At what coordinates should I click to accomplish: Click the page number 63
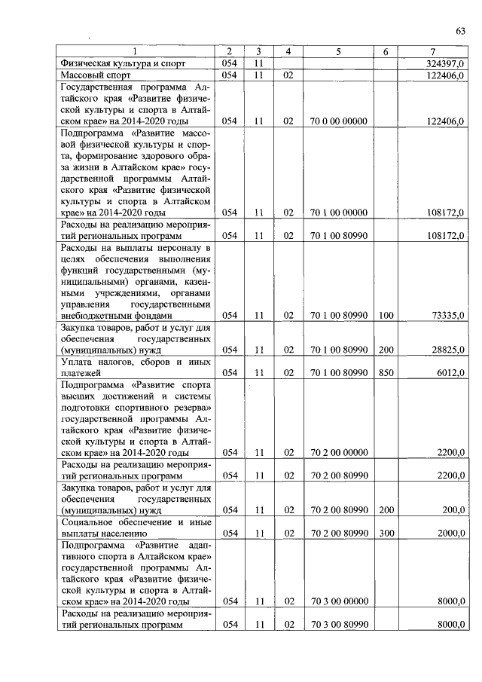460,30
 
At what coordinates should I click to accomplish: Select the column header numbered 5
338,52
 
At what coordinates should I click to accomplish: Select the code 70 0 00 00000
338,121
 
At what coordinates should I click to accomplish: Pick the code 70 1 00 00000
338,213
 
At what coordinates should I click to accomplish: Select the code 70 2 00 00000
338,453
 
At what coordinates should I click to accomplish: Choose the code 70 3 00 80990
338,625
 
